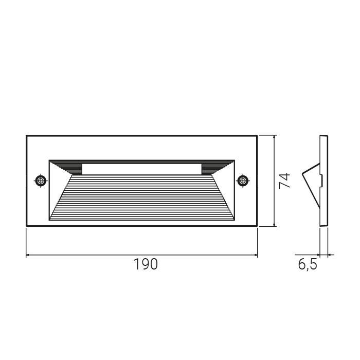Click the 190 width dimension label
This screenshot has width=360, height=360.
[x=146, y=264]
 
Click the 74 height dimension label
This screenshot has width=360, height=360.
[x=284, y=181]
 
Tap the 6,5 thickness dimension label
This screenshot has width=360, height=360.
[x=308, y=264]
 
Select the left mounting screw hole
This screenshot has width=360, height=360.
[x=41, y=181]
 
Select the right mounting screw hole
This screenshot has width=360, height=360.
[x=243, y=181]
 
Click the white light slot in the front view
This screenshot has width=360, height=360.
[x=142, y=169]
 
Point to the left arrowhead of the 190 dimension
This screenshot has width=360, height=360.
[x=28, y=255]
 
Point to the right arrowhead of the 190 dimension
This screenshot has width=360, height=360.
[x=255, y=255]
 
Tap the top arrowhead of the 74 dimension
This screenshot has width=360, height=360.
[x=274, y=137]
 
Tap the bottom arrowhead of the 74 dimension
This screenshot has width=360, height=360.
[x=274, y=224]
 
